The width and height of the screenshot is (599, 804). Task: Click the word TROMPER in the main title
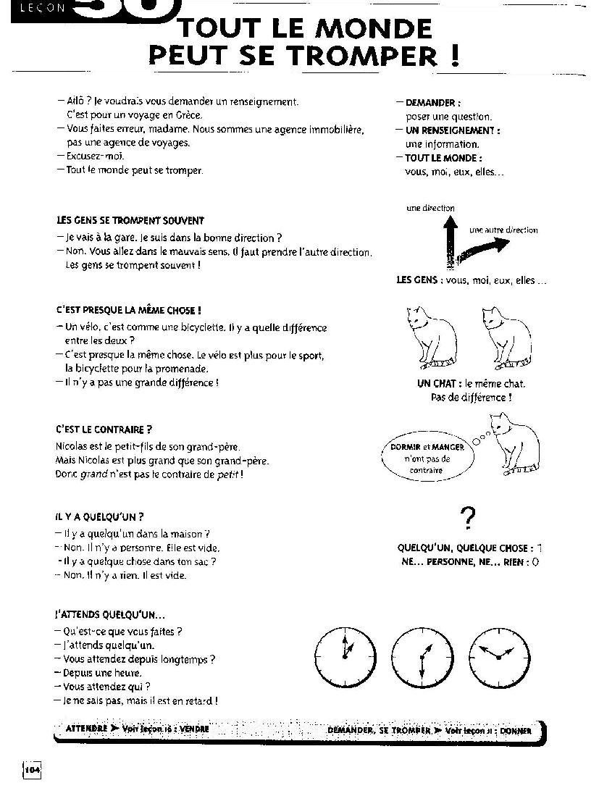pos(366,56)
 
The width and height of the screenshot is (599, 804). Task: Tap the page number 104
pos(32,771)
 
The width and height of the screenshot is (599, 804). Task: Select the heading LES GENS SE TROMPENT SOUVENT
pos(130,220)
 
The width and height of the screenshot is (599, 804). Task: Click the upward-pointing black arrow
pos(451,243)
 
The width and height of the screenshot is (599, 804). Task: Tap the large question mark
pos(468,517)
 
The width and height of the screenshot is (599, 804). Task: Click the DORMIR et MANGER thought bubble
pos(427,459)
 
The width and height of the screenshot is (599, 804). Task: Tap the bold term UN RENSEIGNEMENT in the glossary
pos(453,130)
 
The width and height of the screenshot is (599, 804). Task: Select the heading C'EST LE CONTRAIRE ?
pos(104,430)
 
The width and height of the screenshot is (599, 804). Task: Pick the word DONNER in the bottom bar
pos(515,731)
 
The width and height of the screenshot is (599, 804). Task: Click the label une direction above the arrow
pos(430,208)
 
